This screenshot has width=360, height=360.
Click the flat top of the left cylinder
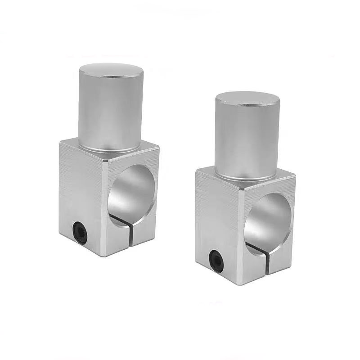tap(111, 71)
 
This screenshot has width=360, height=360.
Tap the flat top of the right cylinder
tap(247, 99)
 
